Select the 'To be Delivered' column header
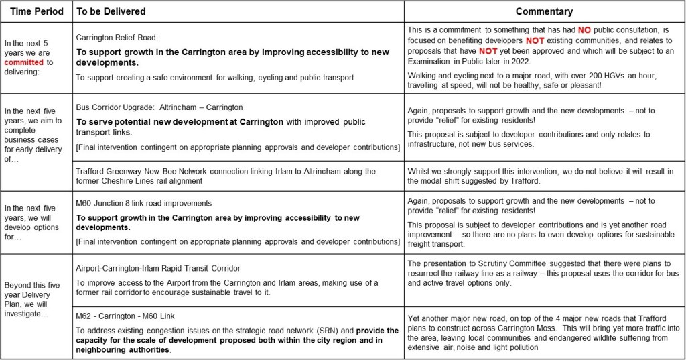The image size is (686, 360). click(x=111, y=11)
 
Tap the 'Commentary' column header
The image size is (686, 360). click(x=544, y=11)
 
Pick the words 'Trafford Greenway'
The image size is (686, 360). click(x=107, y=172)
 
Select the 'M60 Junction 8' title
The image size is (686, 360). click(x=107, y=203)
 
